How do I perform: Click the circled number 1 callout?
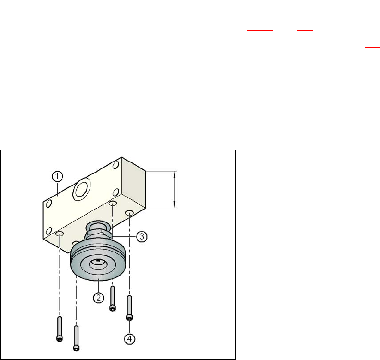(57, 176)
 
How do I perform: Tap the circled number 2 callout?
(98, 298)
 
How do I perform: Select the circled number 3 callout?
(142, 236)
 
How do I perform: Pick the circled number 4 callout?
(130, 339)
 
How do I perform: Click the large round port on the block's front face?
(82, 189)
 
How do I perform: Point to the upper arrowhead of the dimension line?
(175, 174)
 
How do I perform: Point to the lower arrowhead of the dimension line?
(175, 204)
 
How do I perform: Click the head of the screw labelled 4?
(129, 317)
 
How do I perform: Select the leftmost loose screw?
(60, 329)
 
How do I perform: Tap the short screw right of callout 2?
(113, 298)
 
